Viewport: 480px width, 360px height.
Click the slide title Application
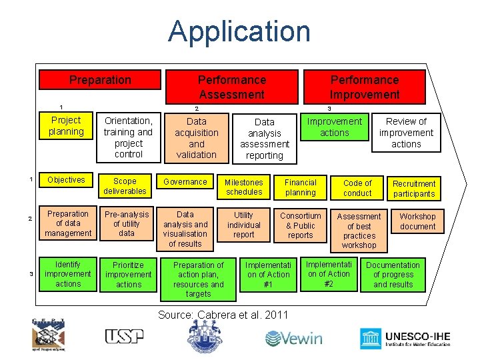pos(239,31)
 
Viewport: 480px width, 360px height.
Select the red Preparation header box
pos(100,80)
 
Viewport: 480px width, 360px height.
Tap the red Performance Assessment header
pos(231,87)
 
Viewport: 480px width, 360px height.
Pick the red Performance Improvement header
pos(365,87)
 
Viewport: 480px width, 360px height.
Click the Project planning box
pos(65,125)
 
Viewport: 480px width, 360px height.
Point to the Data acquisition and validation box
pos(197,138)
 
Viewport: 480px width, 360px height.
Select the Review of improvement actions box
pos(406,133)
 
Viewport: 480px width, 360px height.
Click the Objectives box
pos(66,180)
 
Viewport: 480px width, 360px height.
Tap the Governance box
pos(185,182)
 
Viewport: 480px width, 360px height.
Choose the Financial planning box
pos(301,187)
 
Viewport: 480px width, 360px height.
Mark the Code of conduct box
pos(357,188)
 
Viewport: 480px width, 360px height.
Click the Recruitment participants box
pos(414,189)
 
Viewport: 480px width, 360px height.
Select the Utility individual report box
pos(244,225)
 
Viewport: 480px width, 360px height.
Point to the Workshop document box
pos(417,221)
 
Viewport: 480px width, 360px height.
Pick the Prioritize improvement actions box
pos(129,275)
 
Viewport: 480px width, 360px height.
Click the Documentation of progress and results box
pos(393,275)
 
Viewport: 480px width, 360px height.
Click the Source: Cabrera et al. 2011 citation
pos(223,315)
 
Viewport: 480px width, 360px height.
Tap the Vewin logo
pos(293,339)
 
